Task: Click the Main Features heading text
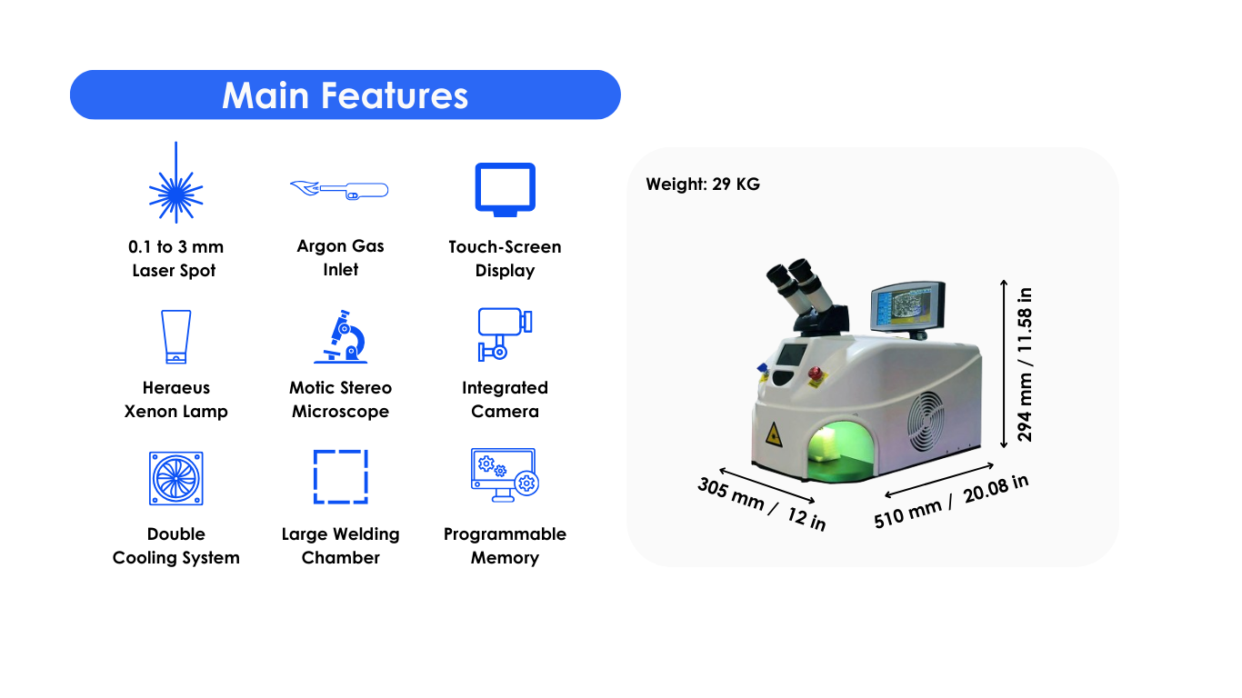click(x=345, y=95)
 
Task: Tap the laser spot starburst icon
click(x=175, y=183)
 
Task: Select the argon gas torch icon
click(x=339, y=189)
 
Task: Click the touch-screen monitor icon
click(x=506, y=190)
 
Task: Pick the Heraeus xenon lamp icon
click(x=175, y=336)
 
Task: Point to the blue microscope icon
click(x=340, y=336)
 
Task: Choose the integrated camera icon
click(x=505, y=334)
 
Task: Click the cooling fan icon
click(x=175, y=478)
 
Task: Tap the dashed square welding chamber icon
click(x=340, y=477)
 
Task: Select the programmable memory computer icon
click(x=505, y=475)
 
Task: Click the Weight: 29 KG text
click(x=703, y=184)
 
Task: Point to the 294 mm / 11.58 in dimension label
click(x=1025, y=364)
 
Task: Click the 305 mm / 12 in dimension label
click(x=761, y=504)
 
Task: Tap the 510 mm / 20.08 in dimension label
click(x=951, y=501)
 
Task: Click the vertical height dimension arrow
click(x=1004, y=364)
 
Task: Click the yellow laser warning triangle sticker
click(x=773, y=435)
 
